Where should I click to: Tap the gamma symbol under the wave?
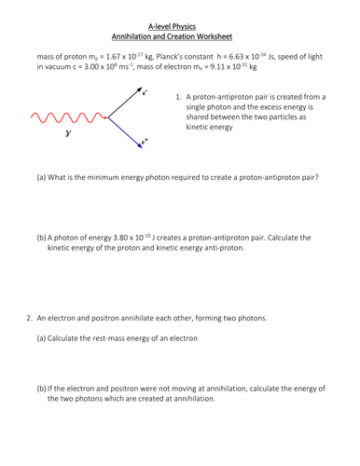point(67,135)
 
